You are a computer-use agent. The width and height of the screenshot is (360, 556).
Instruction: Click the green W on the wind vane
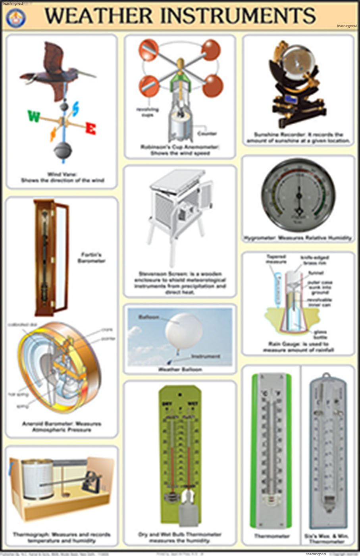[x=34, y=117]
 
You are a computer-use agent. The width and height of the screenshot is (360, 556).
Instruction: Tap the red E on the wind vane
[x=91, y=129]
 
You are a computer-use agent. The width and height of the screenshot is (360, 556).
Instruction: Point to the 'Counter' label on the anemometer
[x=206, y=133]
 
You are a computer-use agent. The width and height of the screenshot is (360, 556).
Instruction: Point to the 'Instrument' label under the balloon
[x=205, y=356]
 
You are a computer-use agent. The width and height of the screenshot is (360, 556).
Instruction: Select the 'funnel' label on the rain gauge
[x=316, y=273]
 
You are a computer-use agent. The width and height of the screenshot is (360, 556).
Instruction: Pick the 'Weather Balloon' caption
[x=180, y=369]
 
